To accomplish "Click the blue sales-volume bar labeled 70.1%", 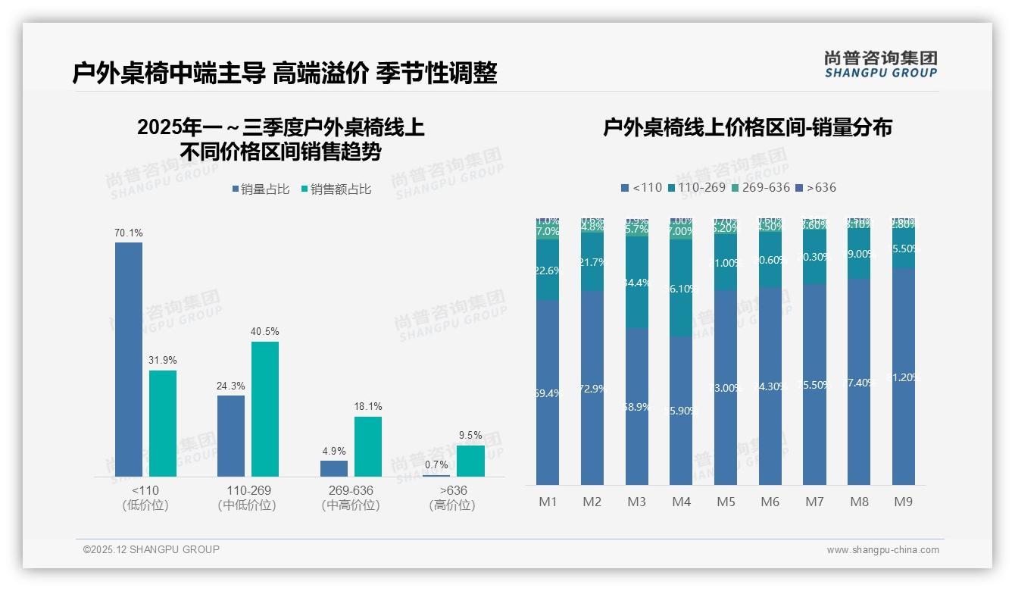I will [x=129, y=359].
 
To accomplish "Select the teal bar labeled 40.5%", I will [x=265, y=409].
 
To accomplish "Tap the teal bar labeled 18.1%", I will [x=368, y=446].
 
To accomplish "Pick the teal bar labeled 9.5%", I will [x=470, y=461].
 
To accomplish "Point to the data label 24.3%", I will [x=230, y=386].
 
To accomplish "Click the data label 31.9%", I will [x=162, y=360].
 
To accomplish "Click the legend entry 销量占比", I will [x=261, y=189].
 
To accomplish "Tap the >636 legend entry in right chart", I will [x=816, y=187].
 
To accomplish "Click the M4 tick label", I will [x=681, y=502].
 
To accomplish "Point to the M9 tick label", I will [x=903, y=502].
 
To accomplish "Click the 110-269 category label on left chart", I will [x=248, y=491].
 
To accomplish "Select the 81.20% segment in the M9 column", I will [x=904, y=377].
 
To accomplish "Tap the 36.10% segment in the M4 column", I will [x=681, y=289].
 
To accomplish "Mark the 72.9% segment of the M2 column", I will [x=592, y=388].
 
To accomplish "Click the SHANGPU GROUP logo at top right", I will [x=880, y=64].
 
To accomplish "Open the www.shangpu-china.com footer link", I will [x=882, y=550].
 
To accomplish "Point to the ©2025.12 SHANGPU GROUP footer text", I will [x=151, y=549].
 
